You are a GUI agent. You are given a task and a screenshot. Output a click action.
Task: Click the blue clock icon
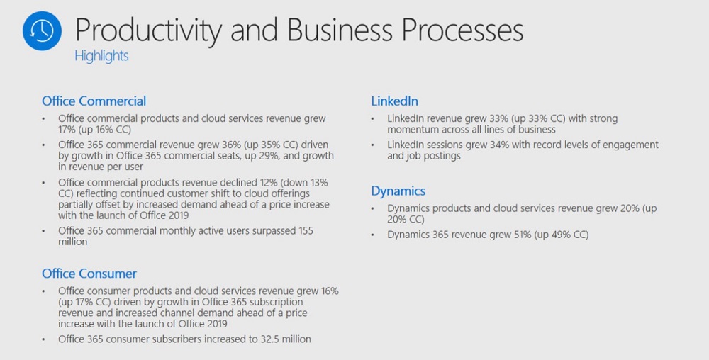[x=42, y=30]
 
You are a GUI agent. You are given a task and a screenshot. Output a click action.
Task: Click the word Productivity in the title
[x=148, y=30]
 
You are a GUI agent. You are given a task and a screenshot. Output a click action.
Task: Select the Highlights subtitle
[x=101, y=56]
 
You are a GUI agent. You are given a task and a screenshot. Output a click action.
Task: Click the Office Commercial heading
[x=94, y=101]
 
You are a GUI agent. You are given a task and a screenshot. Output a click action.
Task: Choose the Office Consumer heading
[x=89, y=274]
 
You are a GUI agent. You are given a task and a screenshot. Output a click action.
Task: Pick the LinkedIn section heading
[x=394, y=101]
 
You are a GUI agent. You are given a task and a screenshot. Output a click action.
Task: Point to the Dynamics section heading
[x=398, y=191]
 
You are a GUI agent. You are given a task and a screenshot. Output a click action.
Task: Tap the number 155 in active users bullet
[x=305, y=231]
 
